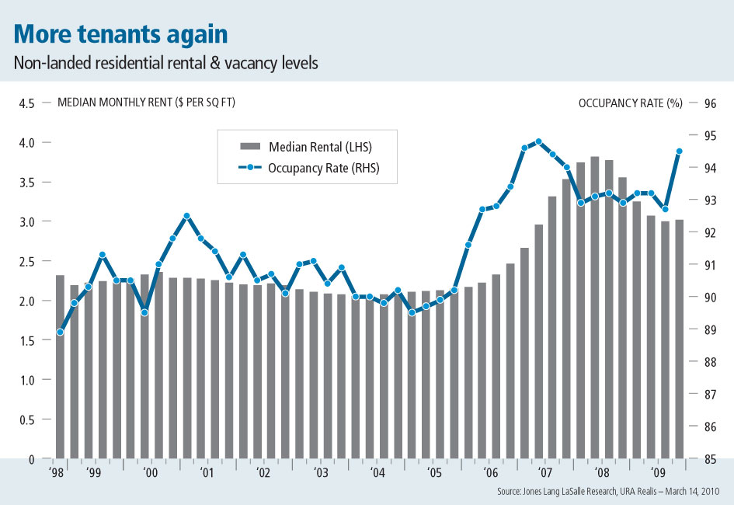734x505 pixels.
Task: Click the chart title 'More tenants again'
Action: (x=120, y=34)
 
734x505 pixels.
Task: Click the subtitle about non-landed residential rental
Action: (x=165, y=64)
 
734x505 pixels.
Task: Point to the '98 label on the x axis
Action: (x=56, y=472)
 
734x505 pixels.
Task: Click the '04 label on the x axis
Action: (x=377, y=472)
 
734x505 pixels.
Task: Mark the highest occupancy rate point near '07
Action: (x=538, y=141)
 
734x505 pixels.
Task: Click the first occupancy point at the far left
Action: (x=60, y=333)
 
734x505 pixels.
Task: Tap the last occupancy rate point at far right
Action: (x=679, y=151)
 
